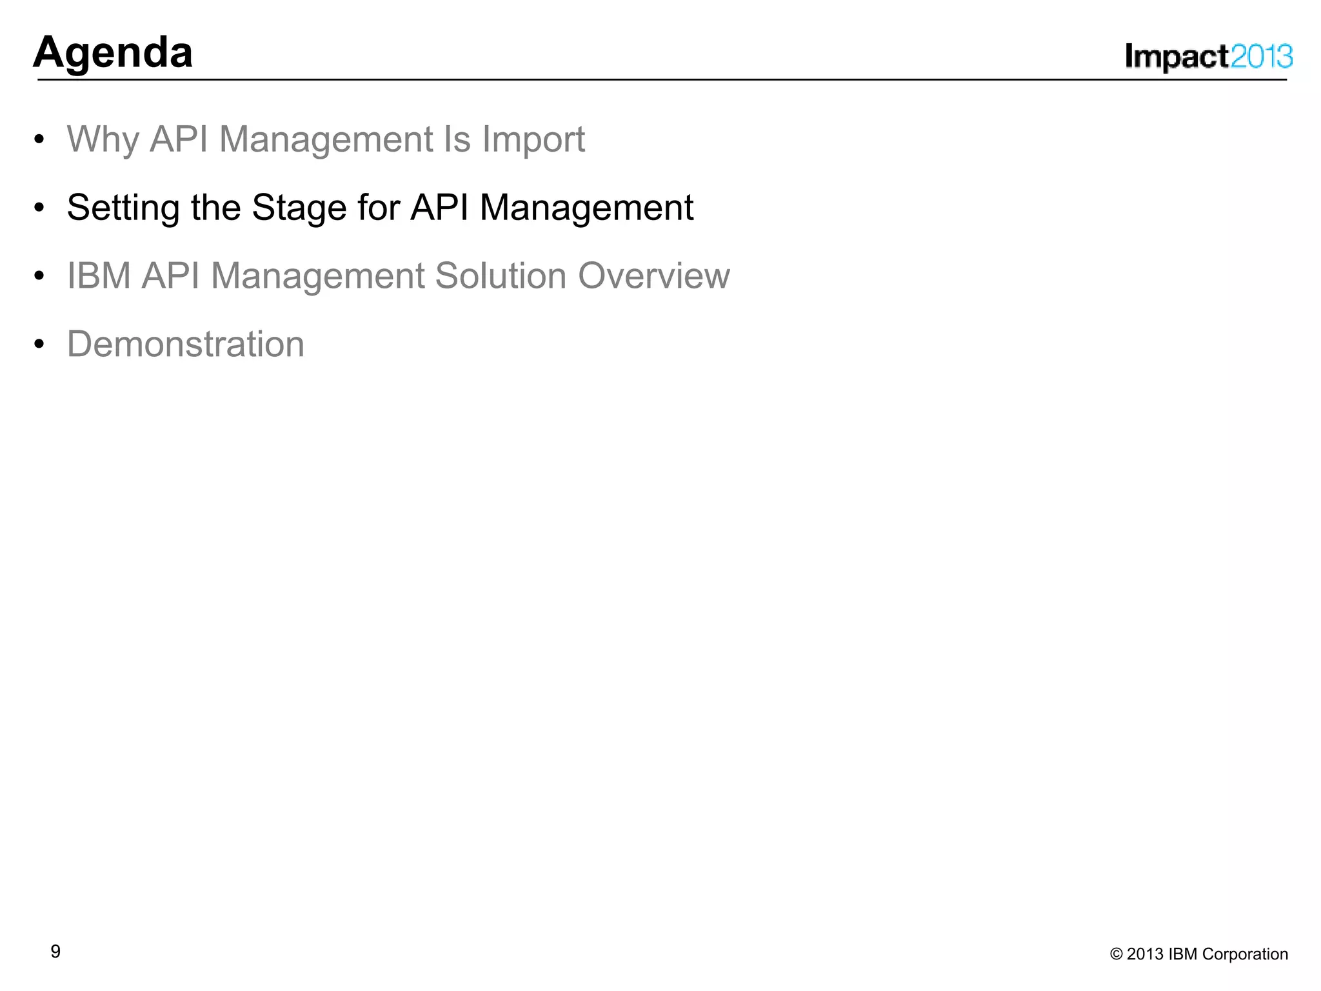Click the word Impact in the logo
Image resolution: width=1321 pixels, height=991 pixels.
pos(1177,57)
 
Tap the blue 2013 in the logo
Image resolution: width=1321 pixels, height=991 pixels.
pos(1262,57)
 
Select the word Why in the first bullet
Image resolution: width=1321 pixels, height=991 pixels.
pos(103,139)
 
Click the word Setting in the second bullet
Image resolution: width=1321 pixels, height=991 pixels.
pos(123,208)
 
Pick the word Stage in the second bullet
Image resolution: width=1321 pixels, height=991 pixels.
pos(299,208)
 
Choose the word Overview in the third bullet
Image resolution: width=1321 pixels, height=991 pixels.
pos(653,276)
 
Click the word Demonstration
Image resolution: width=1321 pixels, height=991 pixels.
pos(186,344)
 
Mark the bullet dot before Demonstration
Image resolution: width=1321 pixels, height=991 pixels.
pos(39,345)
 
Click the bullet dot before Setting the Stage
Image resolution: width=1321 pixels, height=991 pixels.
pos(39,208)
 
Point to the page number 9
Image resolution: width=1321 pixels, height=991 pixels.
pos(55,952)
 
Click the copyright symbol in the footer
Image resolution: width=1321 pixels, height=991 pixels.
pos(1116,954)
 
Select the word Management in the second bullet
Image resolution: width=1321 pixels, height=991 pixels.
pos(586,208)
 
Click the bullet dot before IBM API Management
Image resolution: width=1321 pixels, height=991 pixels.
pos(39,276)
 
